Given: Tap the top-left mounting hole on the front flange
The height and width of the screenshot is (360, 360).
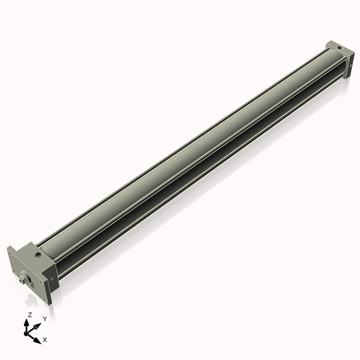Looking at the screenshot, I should tap(9, 254).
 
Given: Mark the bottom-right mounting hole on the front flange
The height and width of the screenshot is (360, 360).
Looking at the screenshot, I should tap(45, 300).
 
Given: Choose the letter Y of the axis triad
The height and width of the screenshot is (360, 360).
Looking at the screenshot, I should tap(45, 318).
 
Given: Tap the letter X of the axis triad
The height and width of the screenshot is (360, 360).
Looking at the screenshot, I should tap(45, 338).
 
